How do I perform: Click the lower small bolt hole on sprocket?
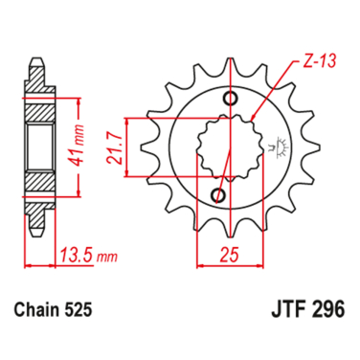coord(219,195)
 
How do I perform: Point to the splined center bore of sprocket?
coord(226,147)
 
